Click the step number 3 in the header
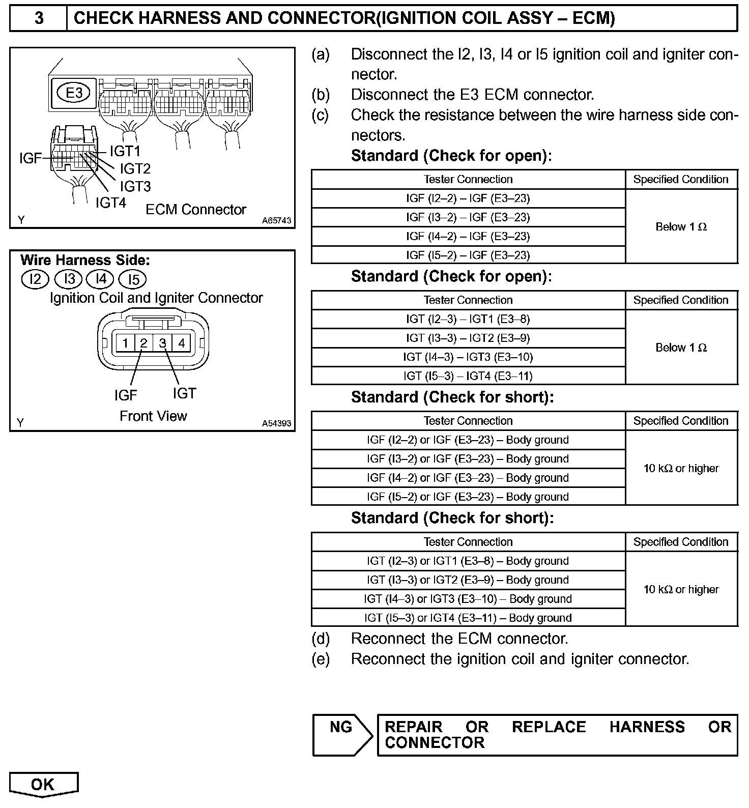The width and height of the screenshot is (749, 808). tap(39, 19)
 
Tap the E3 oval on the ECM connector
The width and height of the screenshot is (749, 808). tap(74, 93)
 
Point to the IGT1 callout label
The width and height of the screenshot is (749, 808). tap(125, 151)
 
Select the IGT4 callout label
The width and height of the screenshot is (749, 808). tap(111, 203)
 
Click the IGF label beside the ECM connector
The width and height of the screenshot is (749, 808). tap(30, 159)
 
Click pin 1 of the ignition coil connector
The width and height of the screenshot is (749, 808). tap(125, 343)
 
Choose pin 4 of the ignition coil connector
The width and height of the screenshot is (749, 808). tap(182, 343)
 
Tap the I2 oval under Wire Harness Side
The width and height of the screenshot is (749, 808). tap(35, 279)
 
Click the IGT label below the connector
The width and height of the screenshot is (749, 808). tap(184, 393)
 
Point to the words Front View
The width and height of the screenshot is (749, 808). tap(153, 416)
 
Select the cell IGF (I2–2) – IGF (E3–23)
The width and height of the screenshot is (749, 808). tap(468, 198)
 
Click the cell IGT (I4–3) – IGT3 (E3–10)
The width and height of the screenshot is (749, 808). tap(468, 357)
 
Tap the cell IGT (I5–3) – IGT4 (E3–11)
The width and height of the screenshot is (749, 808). tap(468, 377)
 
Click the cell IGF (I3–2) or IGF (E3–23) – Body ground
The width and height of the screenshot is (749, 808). tap(468, 459)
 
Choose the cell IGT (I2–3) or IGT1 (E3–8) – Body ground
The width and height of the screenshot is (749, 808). tap(468, 561)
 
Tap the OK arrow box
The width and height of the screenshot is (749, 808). tap(43, 784)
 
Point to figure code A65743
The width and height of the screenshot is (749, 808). tap(276, 221)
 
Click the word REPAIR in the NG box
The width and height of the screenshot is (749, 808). tap(413, 727)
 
